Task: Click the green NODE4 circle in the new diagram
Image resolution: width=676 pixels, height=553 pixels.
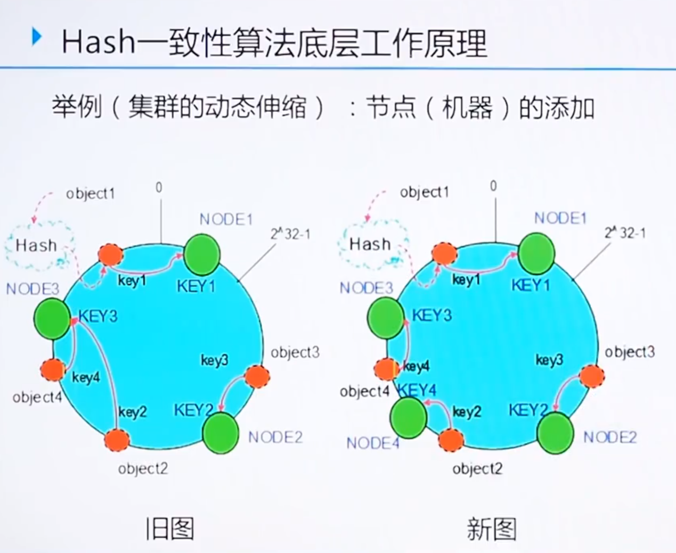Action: (x=409, y=417)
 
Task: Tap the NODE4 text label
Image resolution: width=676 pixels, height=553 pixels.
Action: (x=372, y=443)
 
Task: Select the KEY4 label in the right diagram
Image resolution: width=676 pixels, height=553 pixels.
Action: (x=418, y=391)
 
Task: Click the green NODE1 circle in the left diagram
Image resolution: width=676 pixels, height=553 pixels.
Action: (x=202, y=253)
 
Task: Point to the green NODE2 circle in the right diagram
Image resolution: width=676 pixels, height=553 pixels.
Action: (x=555, y=433)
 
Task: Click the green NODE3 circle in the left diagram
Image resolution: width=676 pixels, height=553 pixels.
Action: (x=52, y=318)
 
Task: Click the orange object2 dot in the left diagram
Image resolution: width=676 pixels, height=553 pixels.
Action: (x=117, y=439)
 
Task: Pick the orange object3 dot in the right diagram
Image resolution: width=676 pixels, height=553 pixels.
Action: (x=592, y=376)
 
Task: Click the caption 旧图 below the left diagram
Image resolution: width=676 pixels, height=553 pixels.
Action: (x=170, y=529)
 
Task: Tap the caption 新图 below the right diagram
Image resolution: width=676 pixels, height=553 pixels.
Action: (x=492, y=529)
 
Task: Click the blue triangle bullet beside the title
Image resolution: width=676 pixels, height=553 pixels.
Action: (x=36, y=37)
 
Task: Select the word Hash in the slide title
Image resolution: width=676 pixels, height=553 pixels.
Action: (x=98, y=43)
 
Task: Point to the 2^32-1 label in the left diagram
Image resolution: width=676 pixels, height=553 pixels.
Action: (x=290, y=234)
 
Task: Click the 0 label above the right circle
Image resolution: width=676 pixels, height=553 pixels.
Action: (x=493, y=186)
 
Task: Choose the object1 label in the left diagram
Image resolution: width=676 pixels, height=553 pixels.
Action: (x=91, y=194)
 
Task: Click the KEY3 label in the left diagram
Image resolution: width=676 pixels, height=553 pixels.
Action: (x=98, y=316)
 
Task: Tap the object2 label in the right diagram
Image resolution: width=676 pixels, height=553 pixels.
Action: (x=477, y=469)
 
